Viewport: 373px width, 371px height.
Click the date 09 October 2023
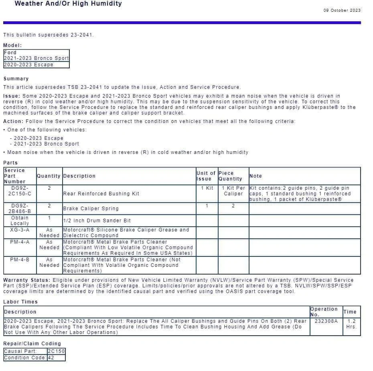tap(342, 10)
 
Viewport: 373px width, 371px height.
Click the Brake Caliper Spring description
tap(91, 209)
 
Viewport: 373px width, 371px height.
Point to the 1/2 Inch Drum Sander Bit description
tap(97, 221)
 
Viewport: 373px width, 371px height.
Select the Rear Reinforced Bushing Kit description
tap(101, 194)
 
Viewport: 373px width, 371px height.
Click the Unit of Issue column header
tap(206, 176)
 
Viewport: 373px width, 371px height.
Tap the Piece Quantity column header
tap(230, 176)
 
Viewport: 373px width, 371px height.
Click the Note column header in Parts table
tap(255, 176)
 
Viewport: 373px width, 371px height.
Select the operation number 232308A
tap(326, 321)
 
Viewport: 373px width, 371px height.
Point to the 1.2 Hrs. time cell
tap(351, 324)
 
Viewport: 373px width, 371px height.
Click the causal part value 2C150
tap(56, 351)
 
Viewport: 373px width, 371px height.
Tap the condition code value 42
tap(51, 358)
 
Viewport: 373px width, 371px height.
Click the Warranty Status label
tap(27, 280)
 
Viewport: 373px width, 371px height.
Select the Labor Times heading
tap(20, 302)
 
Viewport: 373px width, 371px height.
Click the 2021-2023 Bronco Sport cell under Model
tap(36, 58)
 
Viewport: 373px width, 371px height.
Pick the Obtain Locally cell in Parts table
tap(20, 220)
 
